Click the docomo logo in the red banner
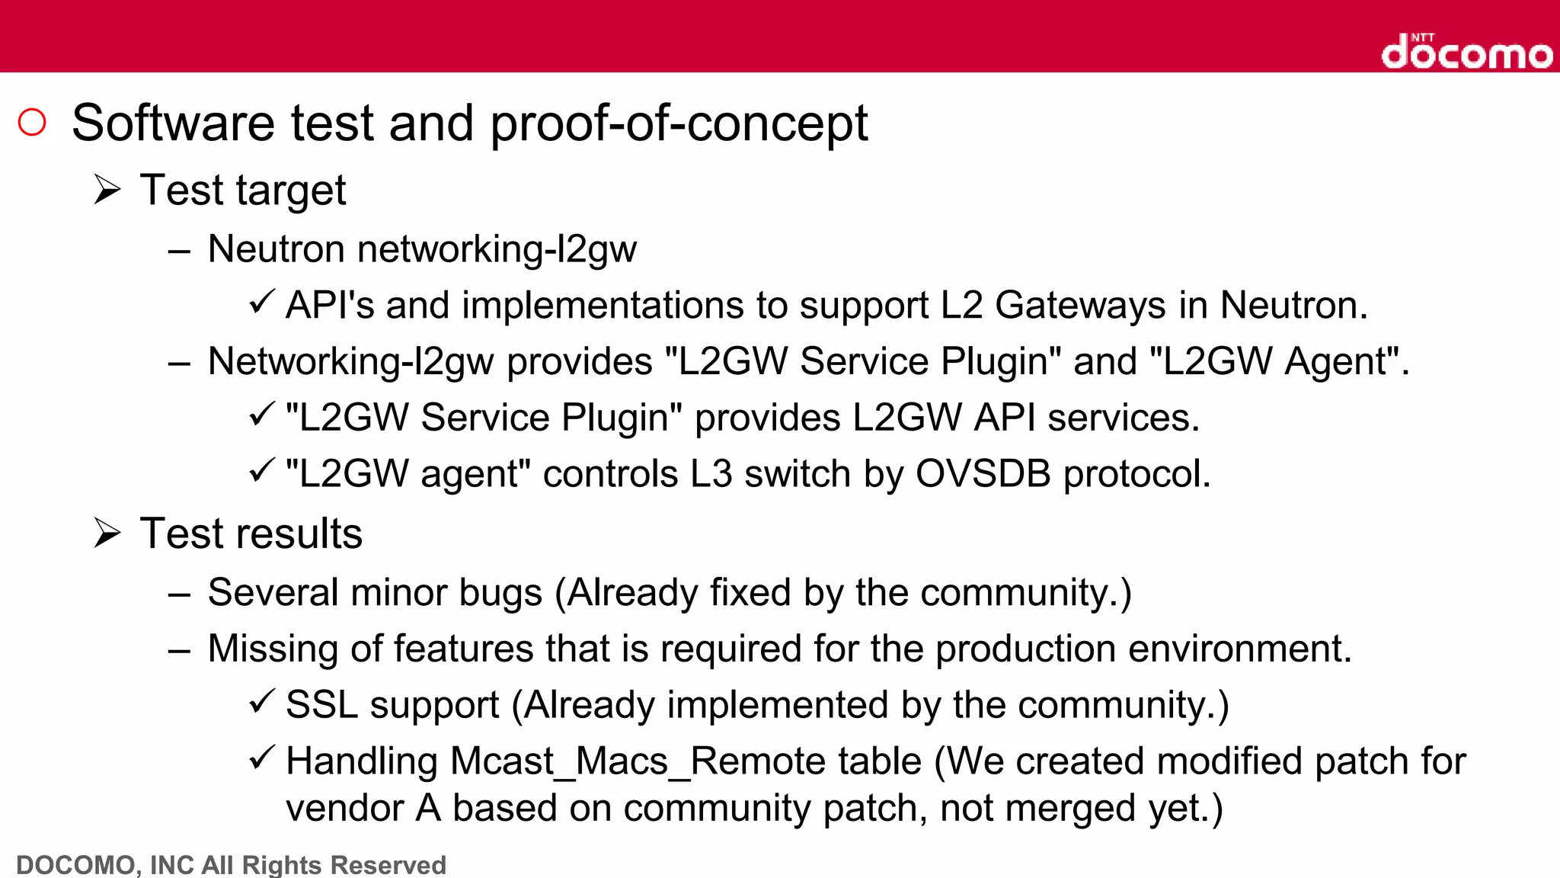[x=1466, y=52]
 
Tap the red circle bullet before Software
[x=32, y=123]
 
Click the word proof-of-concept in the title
[x=678, y=123]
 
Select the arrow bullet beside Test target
[x=107, y=189]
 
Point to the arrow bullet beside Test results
[x=107, y=533]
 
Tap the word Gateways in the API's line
[x=1080, y=306]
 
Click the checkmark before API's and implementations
[x=261, y=302]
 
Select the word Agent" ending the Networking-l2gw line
[x=1347, y=361]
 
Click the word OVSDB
[x=983, y=474]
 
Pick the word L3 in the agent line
[x=711, y=474]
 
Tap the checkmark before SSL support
[x=261, y=701]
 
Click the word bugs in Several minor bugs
[x=500, y=593]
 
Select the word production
[x=1026, y=649]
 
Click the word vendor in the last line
[x=344, y=809]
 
